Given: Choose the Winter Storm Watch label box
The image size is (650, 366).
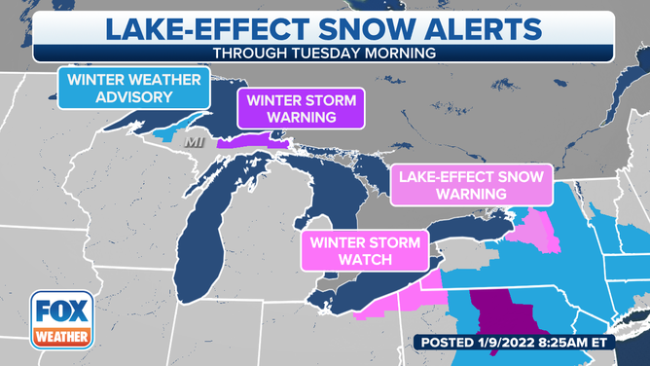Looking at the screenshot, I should (365, 250).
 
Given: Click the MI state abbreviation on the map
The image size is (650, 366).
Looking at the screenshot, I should (196, 142).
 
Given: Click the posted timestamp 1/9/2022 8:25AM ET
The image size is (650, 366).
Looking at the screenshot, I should (526, 342).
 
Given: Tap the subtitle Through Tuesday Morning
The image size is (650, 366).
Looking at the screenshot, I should (324, 53).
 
